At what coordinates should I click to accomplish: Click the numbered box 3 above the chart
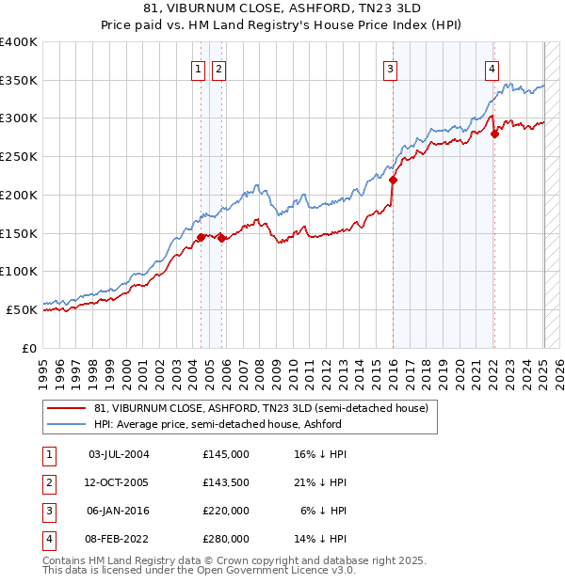pos(390,68)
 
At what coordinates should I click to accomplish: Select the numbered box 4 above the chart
pos(492,68)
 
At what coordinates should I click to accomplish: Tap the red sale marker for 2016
pos(394,180)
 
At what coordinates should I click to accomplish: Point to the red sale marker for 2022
pos(494,134)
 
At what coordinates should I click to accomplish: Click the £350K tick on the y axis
pos(19,80)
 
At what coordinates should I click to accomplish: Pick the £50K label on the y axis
pos(23,309)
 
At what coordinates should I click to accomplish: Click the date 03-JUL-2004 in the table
pos(119,454)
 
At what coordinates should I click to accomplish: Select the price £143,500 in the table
pos(226,482)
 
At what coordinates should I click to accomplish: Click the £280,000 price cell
pos(226,539)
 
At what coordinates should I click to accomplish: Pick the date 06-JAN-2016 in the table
pos(119,511)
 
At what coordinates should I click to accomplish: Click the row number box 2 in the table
pos(47,482)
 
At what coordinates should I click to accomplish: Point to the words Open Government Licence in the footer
pos(271,570)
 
